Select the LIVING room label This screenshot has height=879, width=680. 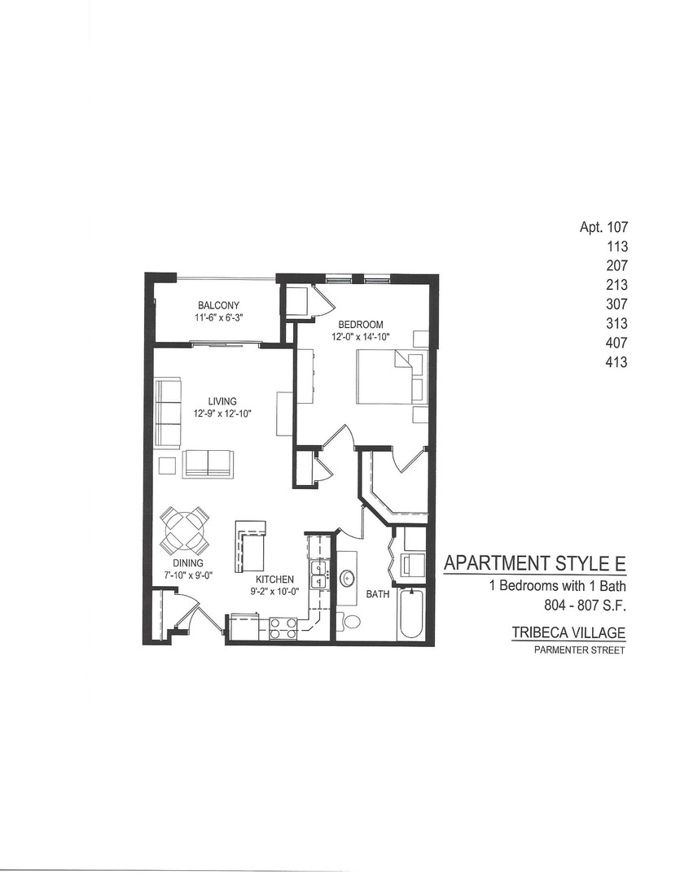[222, 401]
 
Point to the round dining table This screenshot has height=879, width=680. [186, 529]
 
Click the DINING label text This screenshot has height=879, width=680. [188, 563]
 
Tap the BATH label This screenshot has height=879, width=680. [377, 595]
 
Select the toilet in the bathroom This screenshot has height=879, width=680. [352, 622]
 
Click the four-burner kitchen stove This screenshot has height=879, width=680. [283, 628]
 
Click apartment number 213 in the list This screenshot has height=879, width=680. [616, 285]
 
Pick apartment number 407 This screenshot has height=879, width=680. [616, 343]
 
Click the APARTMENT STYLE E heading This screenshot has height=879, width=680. [534, 563]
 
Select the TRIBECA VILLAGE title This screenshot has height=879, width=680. [568, 632]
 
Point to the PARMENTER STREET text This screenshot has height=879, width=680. [580, 649]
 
